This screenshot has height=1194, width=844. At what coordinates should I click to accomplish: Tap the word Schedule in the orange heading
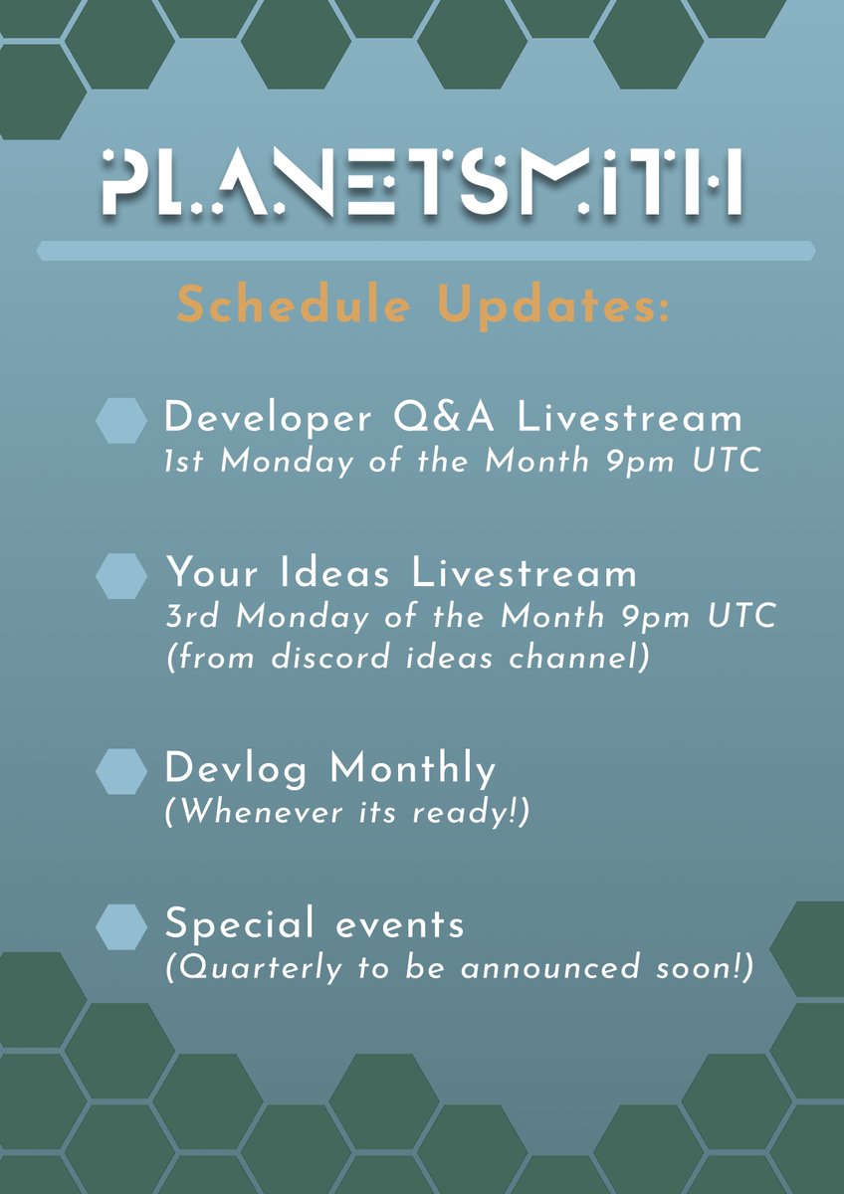click(294, 304)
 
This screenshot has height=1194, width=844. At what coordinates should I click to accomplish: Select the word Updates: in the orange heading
click(553, 307)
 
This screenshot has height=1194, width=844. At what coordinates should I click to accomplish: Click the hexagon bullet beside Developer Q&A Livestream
click(121, 421)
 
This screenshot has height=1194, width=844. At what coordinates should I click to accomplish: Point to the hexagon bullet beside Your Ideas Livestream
click(121, 576)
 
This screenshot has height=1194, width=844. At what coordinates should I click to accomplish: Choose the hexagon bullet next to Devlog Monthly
click(121, 771)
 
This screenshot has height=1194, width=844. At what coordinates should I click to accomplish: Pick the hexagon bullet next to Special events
click(121, 927)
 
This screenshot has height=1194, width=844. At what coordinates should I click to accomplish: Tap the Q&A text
click(444, 417)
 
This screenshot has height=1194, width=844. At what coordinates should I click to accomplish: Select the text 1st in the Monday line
click(184, 462)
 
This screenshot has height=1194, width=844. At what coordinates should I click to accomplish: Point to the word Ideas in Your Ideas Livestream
click(334, 573)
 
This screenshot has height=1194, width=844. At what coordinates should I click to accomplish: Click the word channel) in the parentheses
click(579, 658)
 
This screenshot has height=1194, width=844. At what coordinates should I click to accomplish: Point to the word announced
click(549, 968)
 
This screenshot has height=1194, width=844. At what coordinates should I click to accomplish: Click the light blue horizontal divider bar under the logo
click(425, 251)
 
